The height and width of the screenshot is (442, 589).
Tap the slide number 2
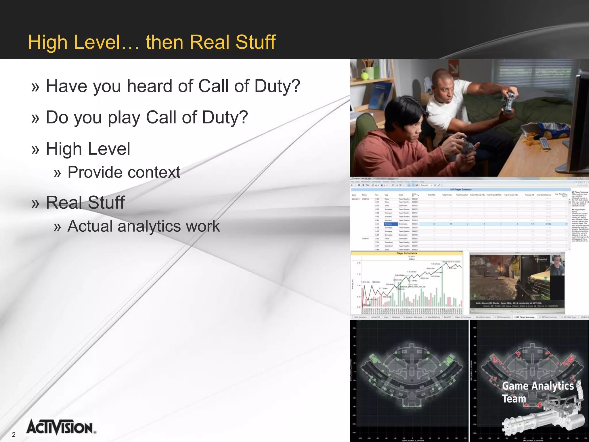[14, 435]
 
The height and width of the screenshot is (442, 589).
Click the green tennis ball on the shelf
[364, 76]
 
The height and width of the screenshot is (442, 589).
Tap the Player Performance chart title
[406, 253]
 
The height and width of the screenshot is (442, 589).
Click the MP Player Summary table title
[461, 189]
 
